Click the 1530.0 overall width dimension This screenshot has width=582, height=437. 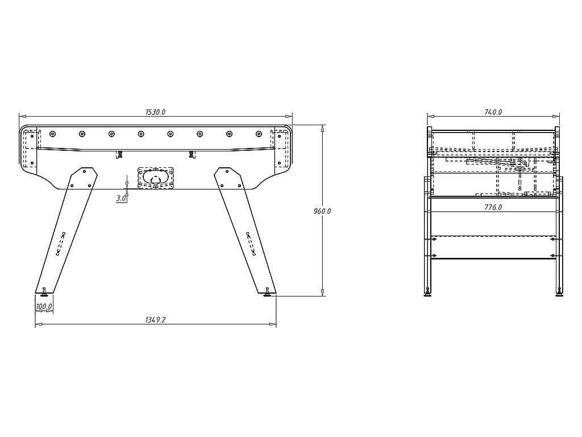(155, 112)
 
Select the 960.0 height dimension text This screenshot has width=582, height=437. (322, 211)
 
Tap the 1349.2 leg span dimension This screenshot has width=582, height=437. (155, 320)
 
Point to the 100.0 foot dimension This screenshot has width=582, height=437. (44, 307)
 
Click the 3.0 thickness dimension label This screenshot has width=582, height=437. (121, 198)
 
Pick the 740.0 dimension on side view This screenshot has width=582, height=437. (493, 112)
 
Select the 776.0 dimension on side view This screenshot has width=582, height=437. (493, 207)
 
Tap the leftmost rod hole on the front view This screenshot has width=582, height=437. (52, 134)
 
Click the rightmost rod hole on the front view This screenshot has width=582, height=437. (259, 134)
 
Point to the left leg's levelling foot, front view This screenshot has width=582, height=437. (44, 293)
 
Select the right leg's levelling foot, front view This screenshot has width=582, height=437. (267, 293)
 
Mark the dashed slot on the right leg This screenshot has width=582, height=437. (251, 244)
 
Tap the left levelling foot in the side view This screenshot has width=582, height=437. (427, 293)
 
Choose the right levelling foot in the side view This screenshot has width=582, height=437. (558, 293)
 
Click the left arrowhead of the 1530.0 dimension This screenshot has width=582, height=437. (22, 117)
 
